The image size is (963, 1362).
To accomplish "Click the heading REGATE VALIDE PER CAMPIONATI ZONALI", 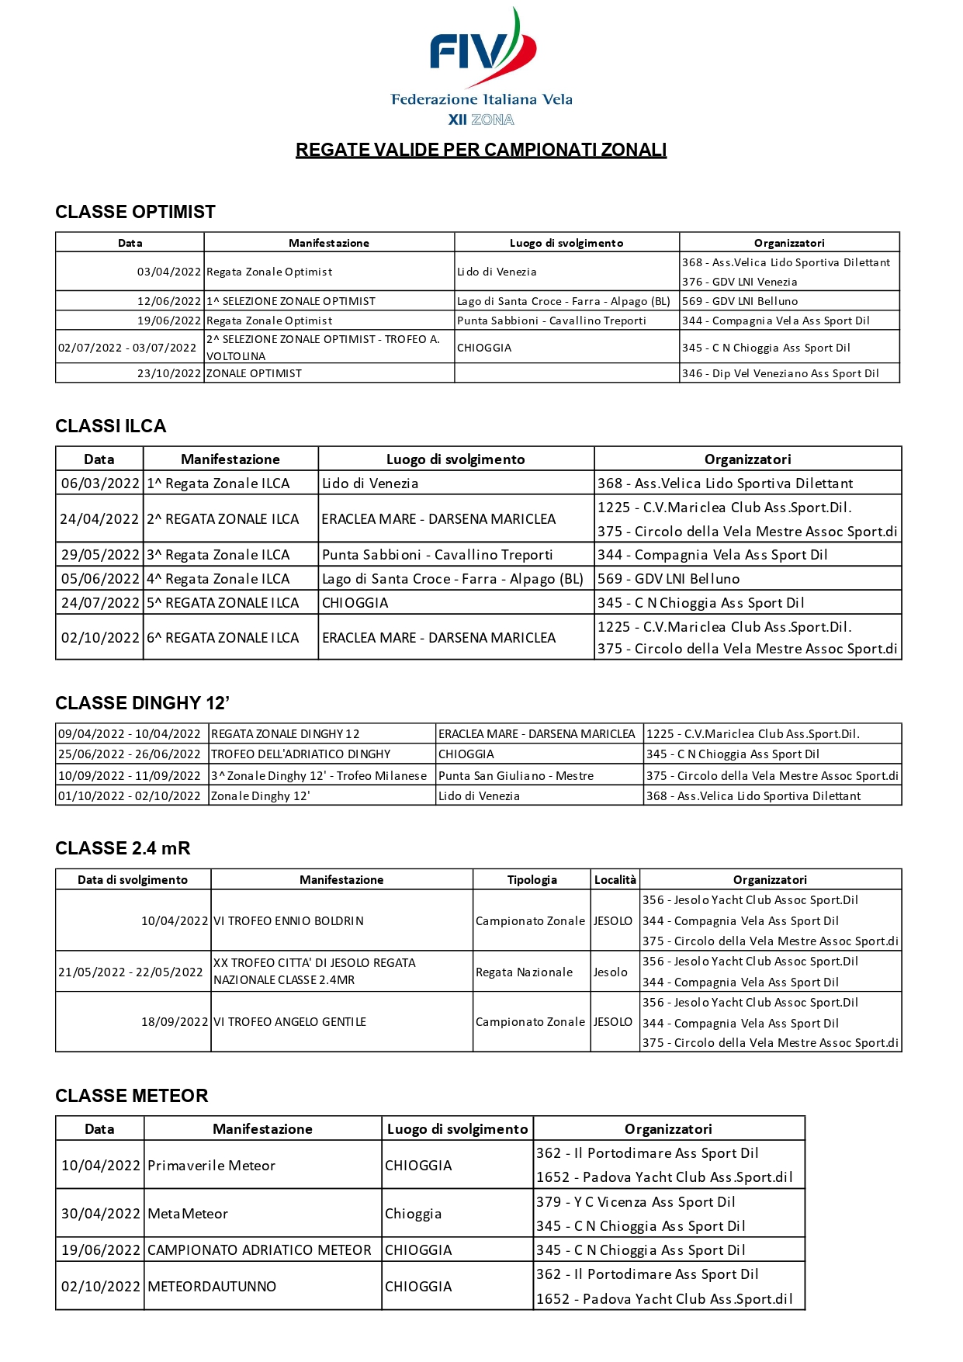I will coord(481,150).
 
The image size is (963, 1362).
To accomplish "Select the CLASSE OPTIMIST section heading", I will coord(135,212).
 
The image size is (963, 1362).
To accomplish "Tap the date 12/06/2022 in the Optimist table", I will coord(169,301).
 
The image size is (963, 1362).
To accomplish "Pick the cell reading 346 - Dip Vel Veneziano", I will coord(780,373).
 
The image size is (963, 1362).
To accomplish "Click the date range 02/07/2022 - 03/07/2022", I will coord(127,348).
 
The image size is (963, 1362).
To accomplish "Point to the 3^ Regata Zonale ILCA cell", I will coord(219,555).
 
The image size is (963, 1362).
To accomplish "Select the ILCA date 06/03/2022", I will coord(100,483).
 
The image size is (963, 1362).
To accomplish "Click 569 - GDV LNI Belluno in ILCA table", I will coord(668,579).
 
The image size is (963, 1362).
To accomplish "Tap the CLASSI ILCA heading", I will coord(111,426).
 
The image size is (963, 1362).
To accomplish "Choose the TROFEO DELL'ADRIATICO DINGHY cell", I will coord(301,754).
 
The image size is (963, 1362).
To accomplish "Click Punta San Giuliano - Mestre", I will coord(516,775).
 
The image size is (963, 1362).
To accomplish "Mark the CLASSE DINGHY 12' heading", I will coord(142,703).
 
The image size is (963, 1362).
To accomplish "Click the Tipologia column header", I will coord(532,880).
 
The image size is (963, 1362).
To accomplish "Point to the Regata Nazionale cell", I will coord(525,972).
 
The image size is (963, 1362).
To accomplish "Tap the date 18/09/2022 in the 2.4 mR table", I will coord(175,1022).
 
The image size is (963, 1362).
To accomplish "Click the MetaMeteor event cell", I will coord(188,1214).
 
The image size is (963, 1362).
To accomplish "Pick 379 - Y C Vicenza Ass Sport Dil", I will coord(636,1202).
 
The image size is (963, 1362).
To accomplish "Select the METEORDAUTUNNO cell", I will coord(212,1287).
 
